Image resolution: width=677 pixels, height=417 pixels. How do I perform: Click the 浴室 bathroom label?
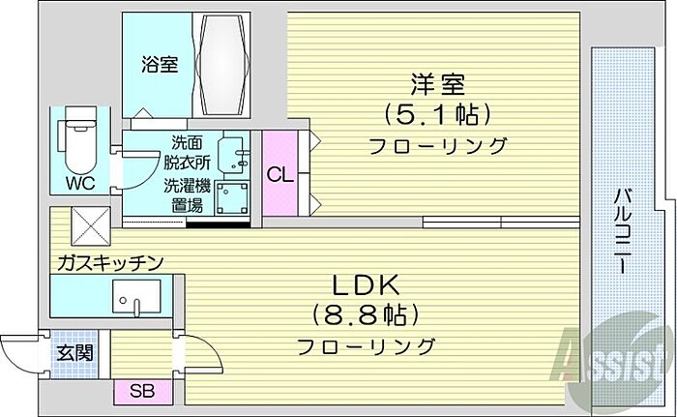[x=160, y=66]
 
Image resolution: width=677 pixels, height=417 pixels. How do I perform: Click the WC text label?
[x=81, y=182]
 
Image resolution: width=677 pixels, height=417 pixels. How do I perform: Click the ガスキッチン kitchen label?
[x=109, y=262]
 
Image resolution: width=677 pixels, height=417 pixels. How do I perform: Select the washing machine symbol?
[x=233, y=197]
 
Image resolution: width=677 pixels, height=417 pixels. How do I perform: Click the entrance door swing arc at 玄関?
[x=21, y=346]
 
